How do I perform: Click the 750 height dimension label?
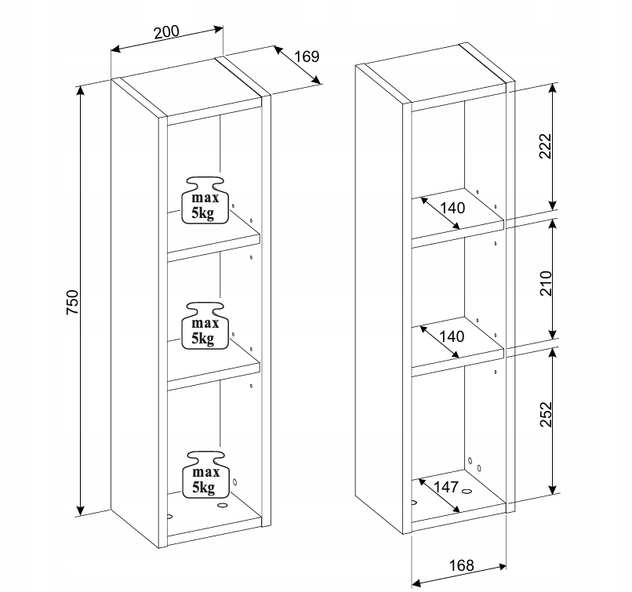coord(72,302)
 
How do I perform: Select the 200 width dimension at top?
coord(166,32)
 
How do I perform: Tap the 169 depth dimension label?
coord(307,56)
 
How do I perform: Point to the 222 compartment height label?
coord(545,146)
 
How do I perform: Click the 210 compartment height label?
coord(545,283)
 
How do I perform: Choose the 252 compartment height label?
coord(545,414)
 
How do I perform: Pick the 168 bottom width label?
coord(462,565)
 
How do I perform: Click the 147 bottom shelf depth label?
coord(446,487)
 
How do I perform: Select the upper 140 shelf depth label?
coord(452,208)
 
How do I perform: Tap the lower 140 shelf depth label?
coord(452,336)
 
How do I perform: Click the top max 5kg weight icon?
coord(205,200)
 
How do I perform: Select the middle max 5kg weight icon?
coord(205,325)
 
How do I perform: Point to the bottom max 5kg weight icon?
coord(205,474)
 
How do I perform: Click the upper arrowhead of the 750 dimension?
coord(81,91)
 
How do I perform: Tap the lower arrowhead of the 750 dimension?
coord(81,510)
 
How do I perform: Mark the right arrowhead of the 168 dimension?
coord(502,567)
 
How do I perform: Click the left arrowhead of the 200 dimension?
coord(116,49)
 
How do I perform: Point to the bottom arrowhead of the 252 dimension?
coord(553,488)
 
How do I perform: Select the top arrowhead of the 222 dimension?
coord(553,89)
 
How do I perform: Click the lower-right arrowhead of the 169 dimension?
coord(317,80)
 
